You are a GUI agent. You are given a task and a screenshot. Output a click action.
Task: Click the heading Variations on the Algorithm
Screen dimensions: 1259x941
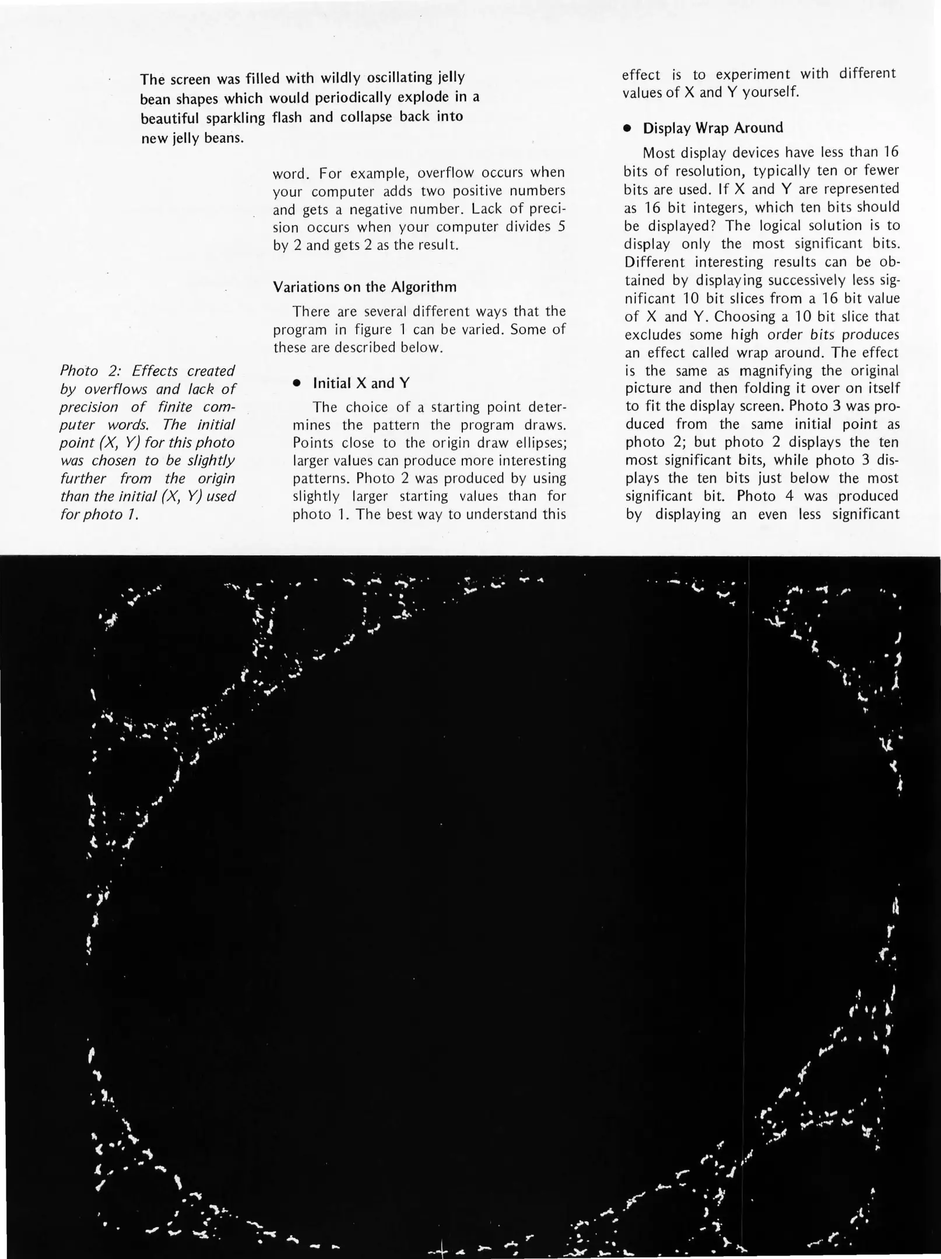(364, 287)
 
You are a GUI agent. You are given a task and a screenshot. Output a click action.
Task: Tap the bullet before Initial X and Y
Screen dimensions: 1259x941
(297, 384)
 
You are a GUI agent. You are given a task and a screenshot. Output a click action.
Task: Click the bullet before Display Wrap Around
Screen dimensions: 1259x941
(627, 129)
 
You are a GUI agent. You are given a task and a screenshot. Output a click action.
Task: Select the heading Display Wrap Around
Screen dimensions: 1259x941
(712, 128)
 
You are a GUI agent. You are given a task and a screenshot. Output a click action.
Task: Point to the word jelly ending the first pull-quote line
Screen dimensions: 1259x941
(447, 78)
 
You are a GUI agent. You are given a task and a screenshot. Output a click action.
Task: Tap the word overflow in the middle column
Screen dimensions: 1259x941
(443, 173)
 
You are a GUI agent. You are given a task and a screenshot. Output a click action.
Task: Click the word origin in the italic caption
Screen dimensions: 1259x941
(215, 479)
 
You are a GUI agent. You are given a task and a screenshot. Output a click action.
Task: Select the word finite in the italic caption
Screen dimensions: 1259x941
(175, 407)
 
